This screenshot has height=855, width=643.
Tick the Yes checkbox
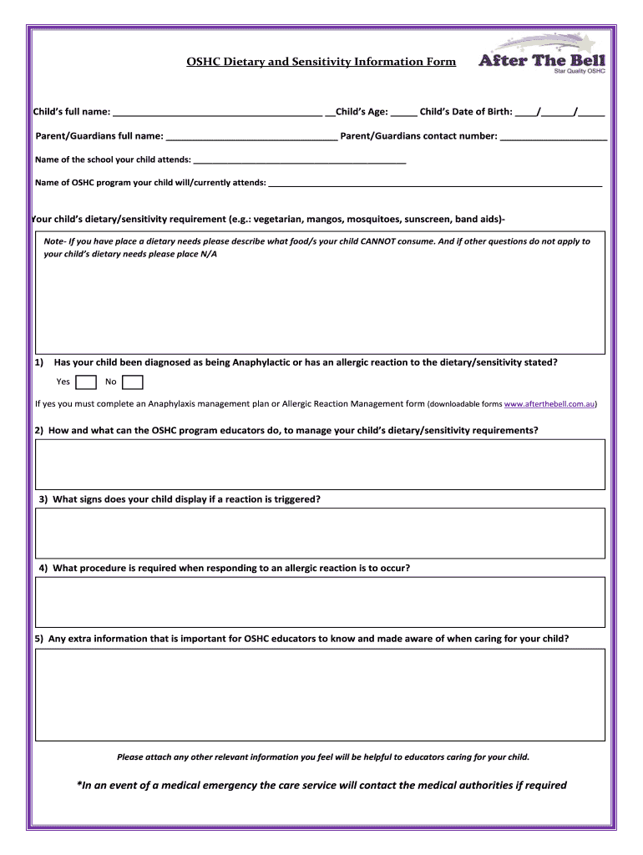point(85,382)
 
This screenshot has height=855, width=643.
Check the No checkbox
point(133,382)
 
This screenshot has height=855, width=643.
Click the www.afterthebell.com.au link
point(549,404)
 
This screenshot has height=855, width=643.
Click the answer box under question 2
point(320,465)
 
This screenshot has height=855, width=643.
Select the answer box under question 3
point(320,533)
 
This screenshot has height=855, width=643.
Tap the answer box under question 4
point(320,602)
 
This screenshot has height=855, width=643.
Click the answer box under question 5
point(320,695)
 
